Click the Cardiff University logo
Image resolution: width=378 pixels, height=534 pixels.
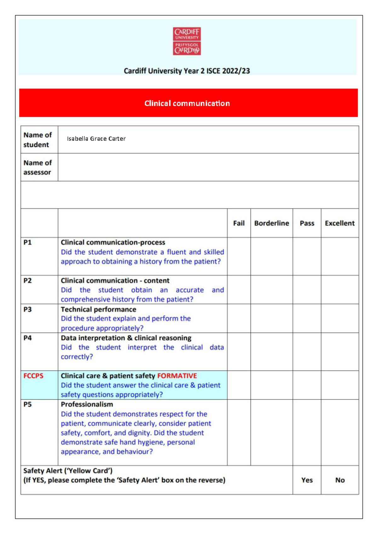(x=187, y=41)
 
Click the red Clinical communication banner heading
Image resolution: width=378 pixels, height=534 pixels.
(x=187, y=103)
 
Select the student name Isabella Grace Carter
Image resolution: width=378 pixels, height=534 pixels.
(x=96, y=139)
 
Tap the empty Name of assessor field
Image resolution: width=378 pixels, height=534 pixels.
(x=208, y=167)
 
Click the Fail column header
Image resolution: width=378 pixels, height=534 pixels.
(x=239, y=223)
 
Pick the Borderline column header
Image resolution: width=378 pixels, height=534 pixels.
(x=272, y=223)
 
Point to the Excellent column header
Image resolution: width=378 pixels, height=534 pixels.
(x=340, y=223)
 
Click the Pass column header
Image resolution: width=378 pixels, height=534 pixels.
(x=307, y=223)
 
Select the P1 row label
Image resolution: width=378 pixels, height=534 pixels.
(x=28, y=242)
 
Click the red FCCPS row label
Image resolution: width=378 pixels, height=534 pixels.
(x=33, y=376)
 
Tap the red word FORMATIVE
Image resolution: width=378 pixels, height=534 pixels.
(x=177, y=376)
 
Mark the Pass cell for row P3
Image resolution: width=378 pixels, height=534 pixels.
(x=307, y=318)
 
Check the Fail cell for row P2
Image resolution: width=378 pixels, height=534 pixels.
(x=239, y=290)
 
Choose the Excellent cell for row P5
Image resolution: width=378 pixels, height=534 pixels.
(x=340, y=432)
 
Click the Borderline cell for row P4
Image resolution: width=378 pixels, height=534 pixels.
(x=272, y=352)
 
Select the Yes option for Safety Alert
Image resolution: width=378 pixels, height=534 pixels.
(x=307, y=480)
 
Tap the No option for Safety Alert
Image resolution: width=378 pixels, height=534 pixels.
(x=340, y=480)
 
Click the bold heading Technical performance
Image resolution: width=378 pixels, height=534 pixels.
(x=98, y=310)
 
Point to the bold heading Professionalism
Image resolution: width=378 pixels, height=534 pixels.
(x=87, y=404)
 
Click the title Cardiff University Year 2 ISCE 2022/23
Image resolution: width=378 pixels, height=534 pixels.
(x=187, y=71)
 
